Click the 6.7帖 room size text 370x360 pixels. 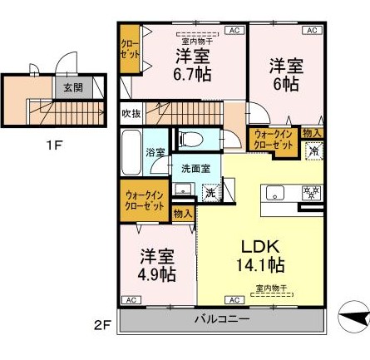(x=191, y=72)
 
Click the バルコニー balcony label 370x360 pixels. (x=220, y=319)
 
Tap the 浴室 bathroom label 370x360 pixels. (x=155, y=153)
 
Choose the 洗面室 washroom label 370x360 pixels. (x=195, y=169)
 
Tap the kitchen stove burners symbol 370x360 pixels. (x=310, y=193)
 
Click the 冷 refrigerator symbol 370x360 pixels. (x=313, y=151)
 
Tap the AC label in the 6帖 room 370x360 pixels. (x=312, y=31)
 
